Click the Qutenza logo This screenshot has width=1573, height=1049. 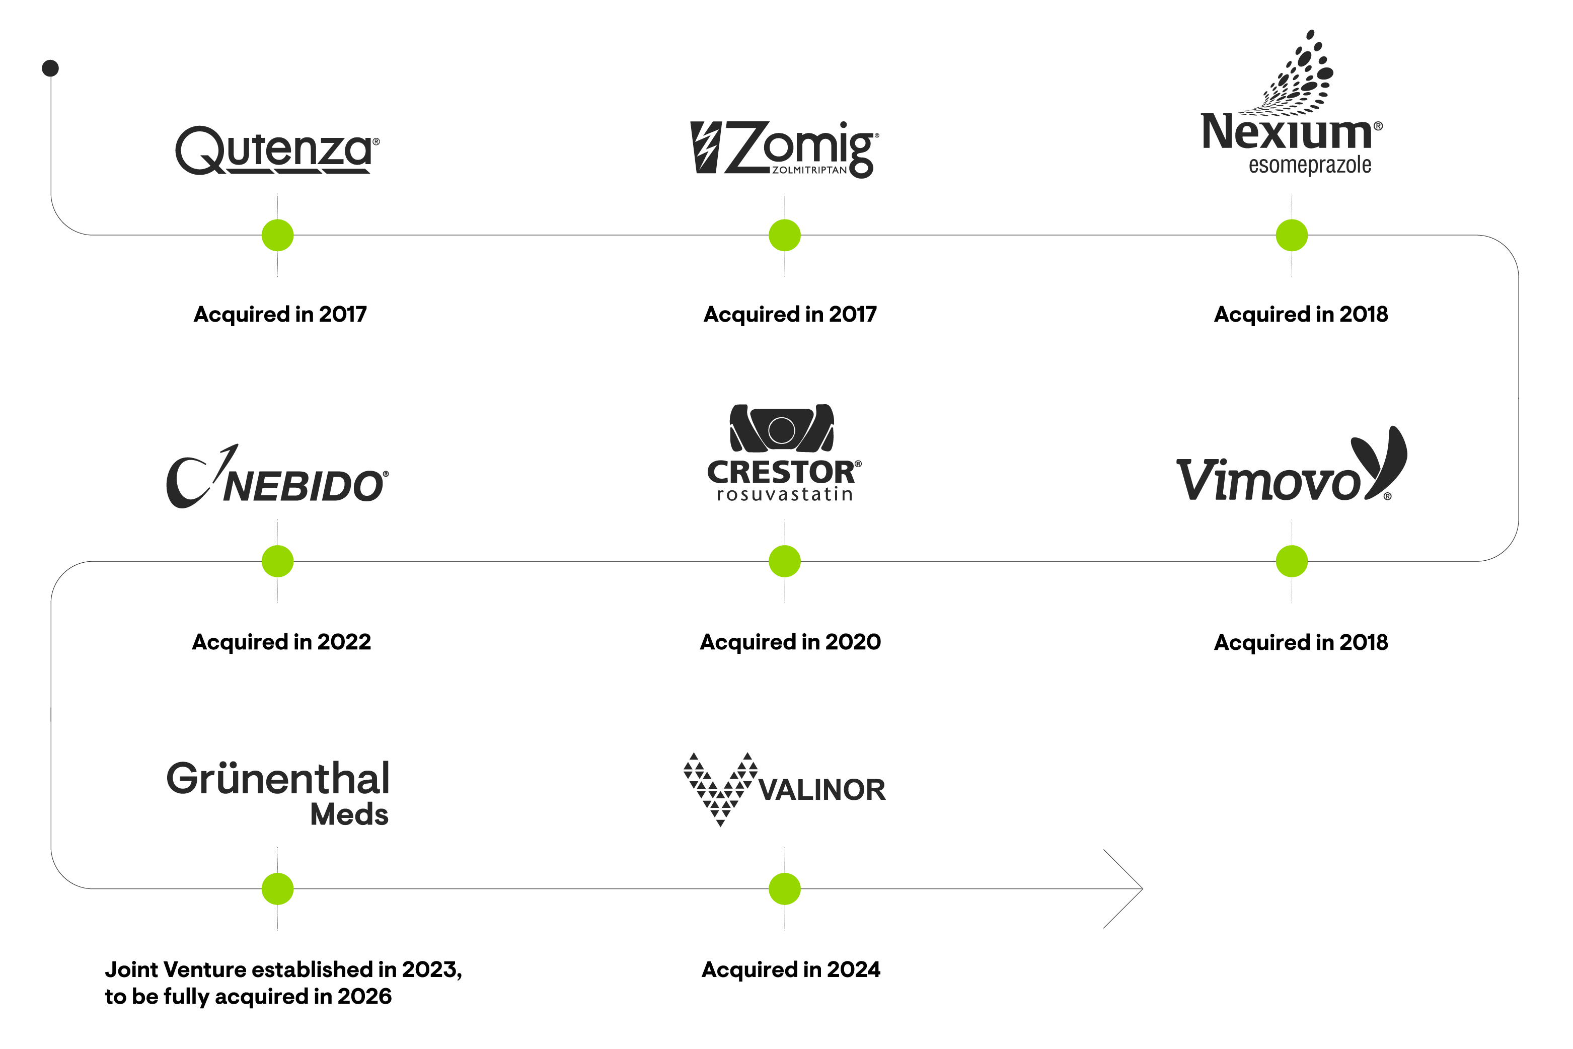coord(276,150)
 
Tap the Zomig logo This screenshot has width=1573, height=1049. coord(784,148)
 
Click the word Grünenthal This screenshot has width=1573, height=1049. coord(278,779)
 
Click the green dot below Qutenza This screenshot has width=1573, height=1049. coord(278,235)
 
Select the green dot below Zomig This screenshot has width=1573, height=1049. coord(785,235)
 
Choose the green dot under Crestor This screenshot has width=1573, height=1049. coord(785,561)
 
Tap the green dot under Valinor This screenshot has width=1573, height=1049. coord(785,888)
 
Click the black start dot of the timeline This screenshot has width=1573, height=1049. coord(50,68)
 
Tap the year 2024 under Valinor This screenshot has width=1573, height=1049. coord(853,969)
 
